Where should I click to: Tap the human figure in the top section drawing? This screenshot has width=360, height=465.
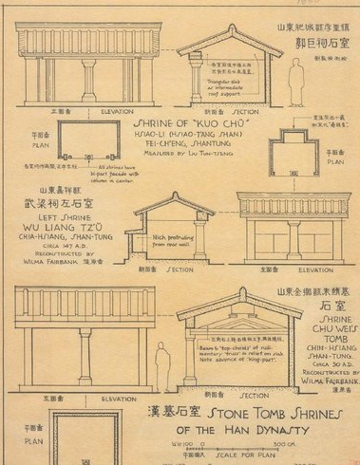click(295, 81)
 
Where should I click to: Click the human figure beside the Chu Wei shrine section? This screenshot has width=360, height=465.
click(162, 366)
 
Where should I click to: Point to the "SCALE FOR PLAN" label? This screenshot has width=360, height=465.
click(248, 455)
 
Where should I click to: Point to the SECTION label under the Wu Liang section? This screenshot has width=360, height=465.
click(180, 269)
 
